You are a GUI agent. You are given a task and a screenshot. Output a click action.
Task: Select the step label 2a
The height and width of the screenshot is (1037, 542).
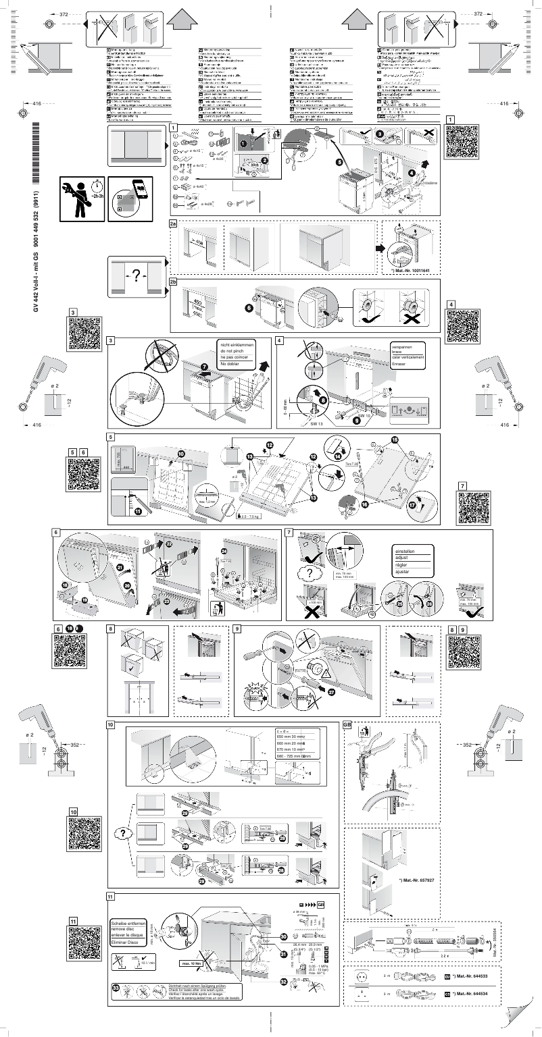point(174,223)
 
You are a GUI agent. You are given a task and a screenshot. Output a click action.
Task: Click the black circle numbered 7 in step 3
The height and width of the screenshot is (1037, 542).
point(205,365)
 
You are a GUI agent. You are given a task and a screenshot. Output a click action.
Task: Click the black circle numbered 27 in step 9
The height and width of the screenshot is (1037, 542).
point(331,691)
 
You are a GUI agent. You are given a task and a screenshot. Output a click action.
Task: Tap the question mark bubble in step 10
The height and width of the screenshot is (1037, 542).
point(125,834)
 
